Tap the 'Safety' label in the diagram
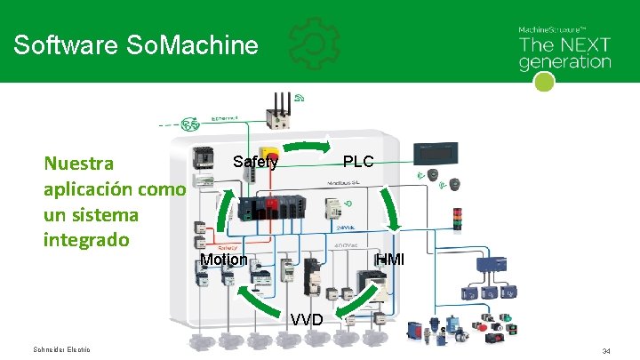pos(255,162)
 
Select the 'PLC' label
pos(358,162)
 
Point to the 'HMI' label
pos(389,260)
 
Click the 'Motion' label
pos(223,260)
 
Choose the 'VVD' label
pos(306,319)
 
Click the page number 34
pos(606,352)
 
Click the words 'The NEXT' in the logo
pos(564,45)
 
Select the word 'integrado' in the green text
pos(85,240)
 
